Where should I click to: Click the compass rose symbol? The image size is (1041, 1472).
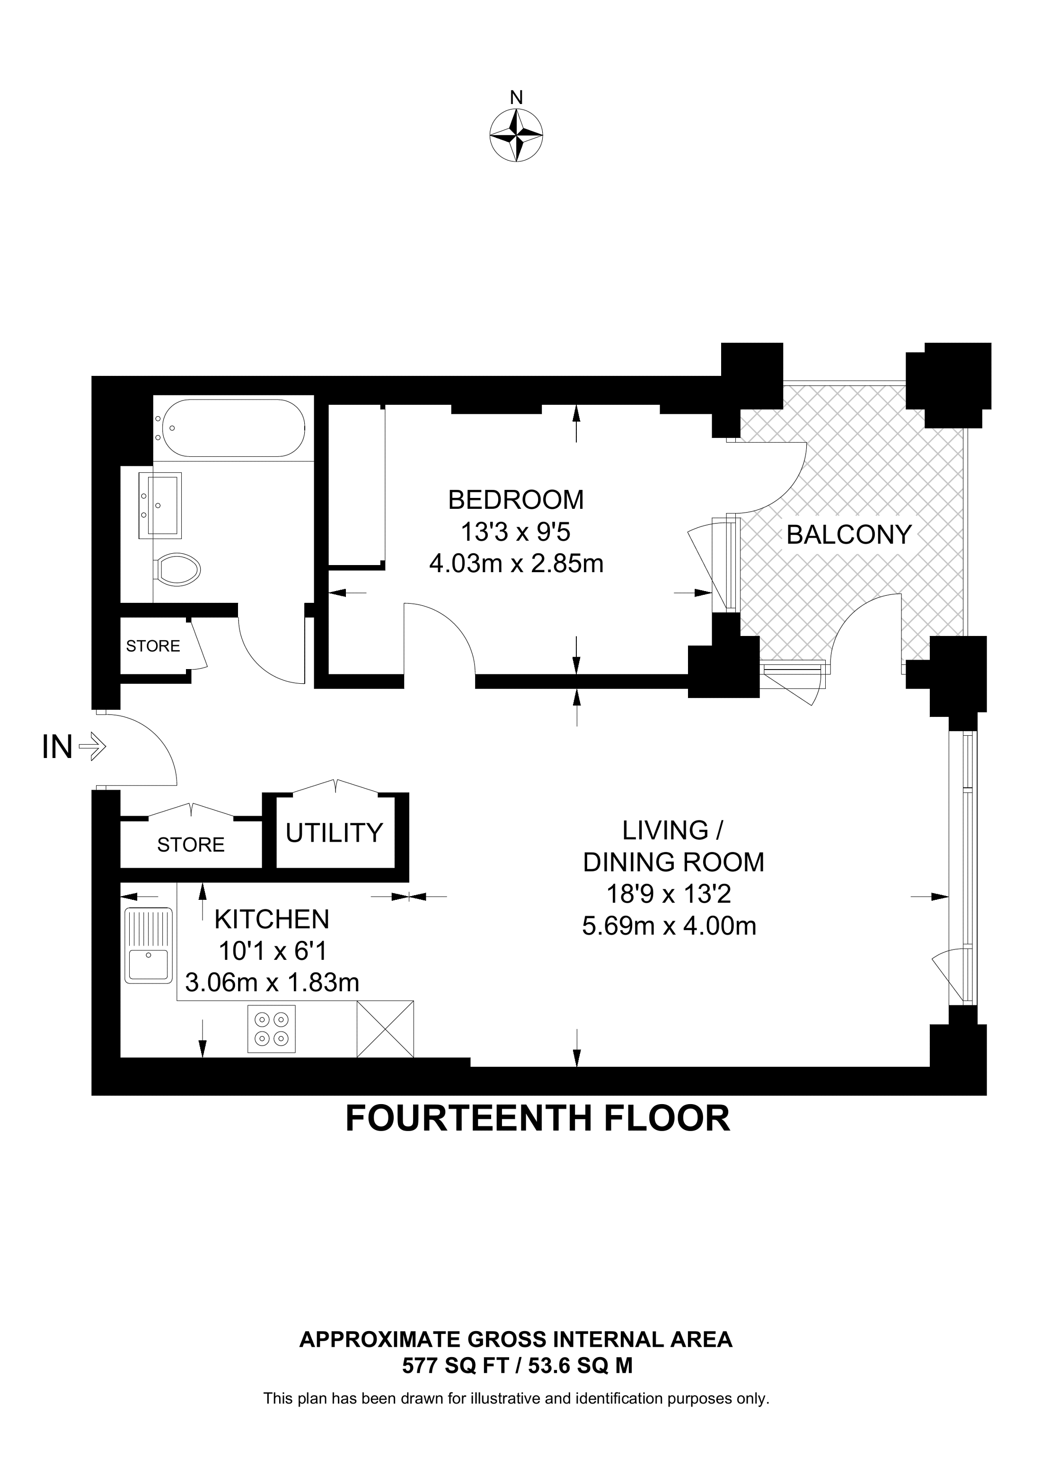pyautogui.click(x=516, y=135)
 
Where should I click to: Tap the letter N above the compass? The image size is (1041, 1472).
pyautogui.click(x=516, y=97)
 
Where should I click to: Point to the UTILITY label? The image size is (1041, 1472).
pyautogui.click(x=334, y=832)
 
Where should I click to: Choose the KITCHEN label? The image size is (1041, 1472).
pyautogui.click(x=272, y=919)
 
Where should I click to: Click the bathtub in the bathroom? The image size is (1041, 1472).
pyautogui.click(x=233, y=427)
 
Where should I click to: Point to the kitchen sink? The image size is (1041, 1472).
pyautogui.click(x=149, y=945)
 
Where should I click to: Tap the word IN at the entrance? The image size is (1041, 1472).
pyautogui.click(x=57, y=747)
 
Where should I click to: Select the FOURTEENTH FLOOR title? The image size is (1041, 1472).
pyautogui.click(x=538, y=1119)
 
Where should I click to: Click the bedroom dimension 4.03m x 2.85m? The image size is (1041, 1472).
pyautogui.click(x=516, y=564)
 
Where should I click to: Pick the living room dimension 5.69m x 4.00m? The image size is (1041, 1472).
pyautogui.click(x=669, y=926)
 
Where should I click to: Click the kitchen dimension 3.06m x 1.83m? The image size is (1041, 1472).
pyautogui.click(x=272, y=982)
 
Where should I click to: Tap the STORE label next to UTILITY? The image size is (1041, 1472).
pyautogui.click(x=191, y=845)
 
